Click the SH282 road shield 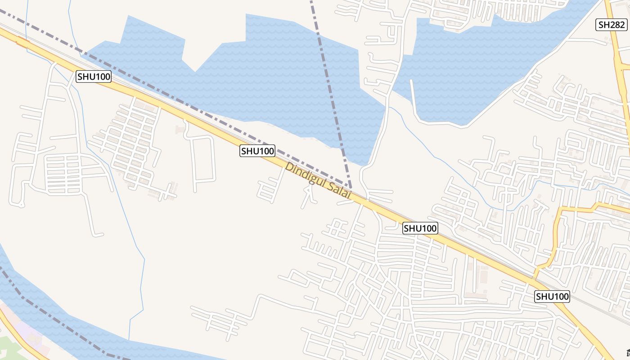612,25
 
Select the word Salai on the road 339,193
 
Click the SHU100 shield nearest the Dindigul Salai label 257,151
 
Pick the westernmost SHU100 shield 94,76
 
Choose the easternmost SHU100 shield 552,297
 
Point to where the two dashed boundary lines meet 351,187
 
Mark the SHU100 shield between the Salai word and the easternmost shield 420,228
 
